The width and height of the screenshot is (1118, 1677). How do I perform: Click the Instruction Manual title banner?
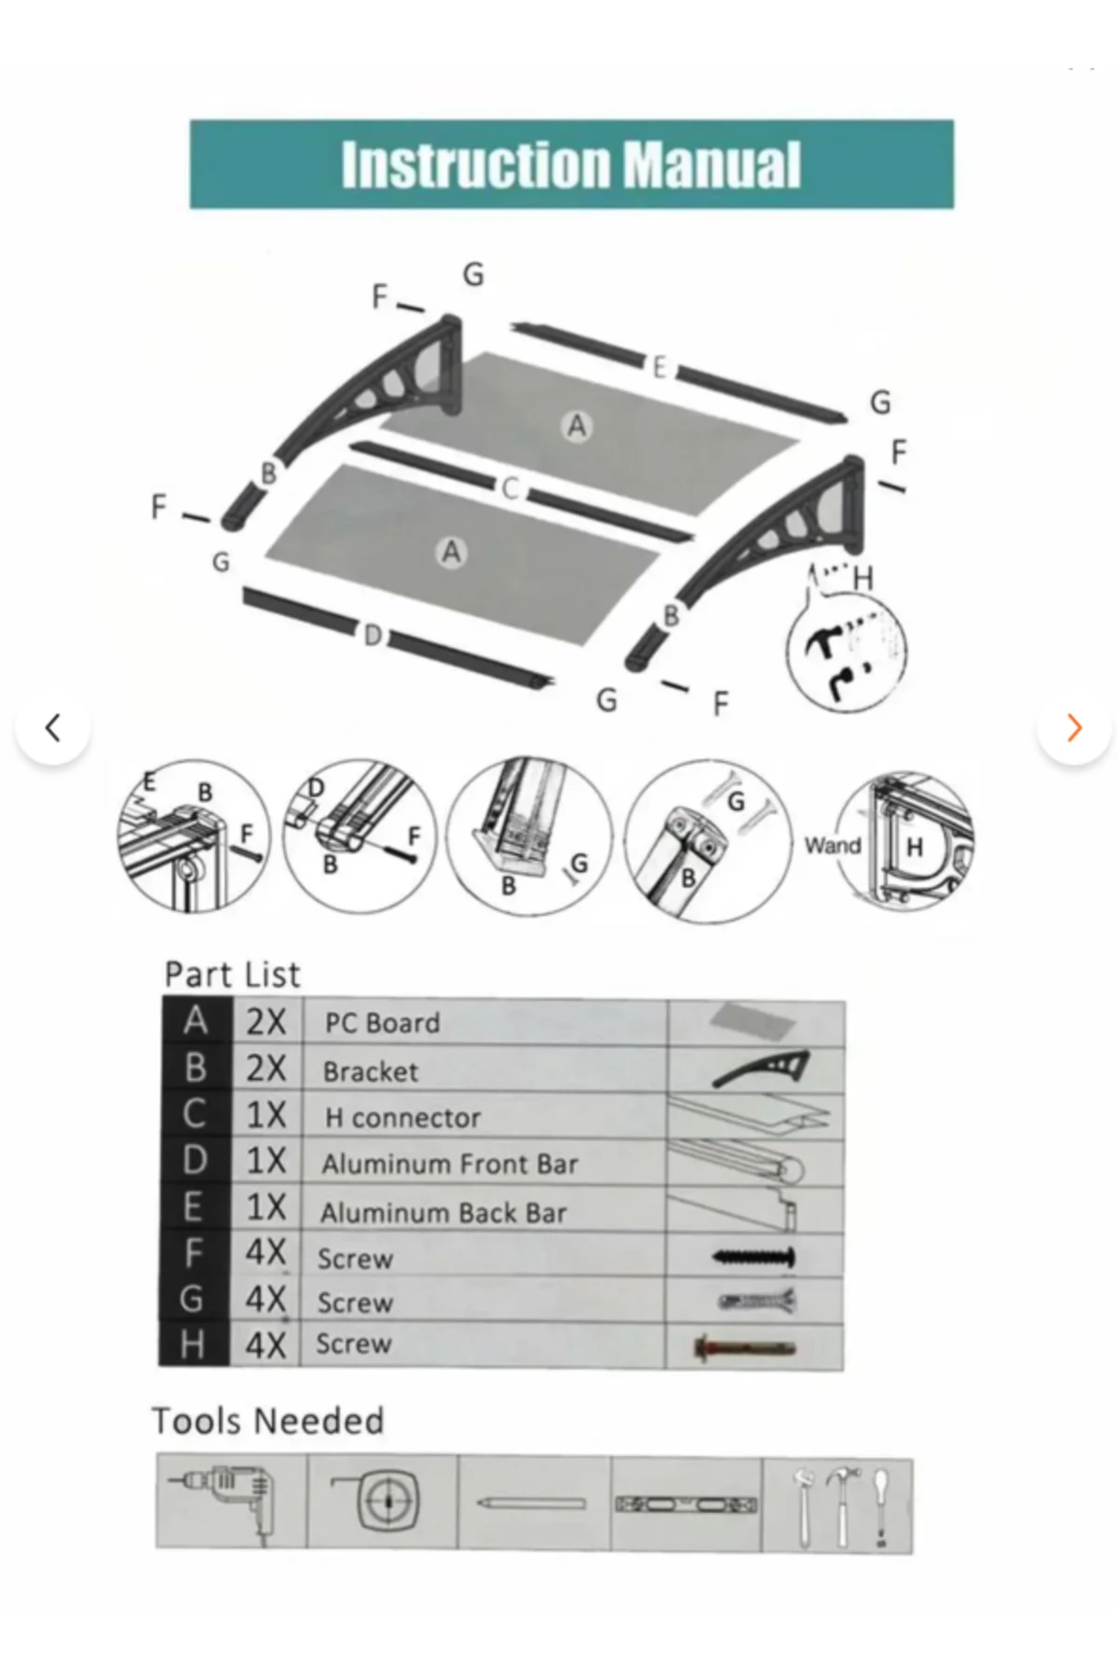(x=571, y=164)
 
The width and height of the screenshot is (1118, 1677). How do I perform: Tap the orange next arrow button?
(x=1073, y=727)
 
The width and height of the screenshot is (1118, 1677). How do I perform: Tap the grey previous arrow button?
(x=53, y=727)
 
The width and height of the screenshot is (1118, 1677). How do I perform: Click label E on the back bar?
(x=659, y=367)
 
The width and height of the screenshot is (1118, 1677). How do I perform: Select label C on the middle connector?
(x=510, y=488)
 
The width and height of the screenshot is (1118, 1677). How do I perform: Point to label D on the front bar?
(x=373, y=635)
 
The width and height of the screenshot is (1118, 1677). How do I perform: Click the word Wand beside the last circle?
(x=832, y=845)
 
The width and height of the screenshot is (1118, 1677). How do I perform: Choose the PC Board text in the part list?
(x=382, y=1023)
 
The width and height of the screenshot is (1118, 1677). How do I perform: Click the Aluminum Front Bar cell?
(x=450, y=1164)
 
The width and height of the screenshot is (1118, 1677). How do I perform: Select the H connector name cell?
(x=402, y=1117)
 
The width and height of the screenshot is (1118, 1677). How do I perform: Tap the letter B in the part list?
(x=196, y=1068)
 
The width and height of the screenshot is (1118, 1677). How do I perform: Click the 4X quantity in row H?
(x=266, y=1345)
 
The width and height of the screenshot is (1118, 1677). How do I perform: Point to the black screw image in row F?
(x=754, y=1257)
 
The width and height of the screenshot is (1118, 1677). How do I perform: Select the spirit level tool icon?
(x=686, y=1504)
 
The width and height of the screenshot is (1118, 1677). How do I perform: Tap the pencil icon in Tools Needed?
(x=532, y=1504)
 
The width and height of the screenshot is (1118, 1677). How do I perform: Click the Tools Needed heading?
(x=267, y=1421)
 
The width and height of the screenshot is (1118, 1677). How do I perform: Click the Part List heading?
(x=232, y=975)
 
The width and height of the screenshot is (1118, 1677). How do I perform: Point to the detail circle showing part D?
(x=359, y=831)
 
